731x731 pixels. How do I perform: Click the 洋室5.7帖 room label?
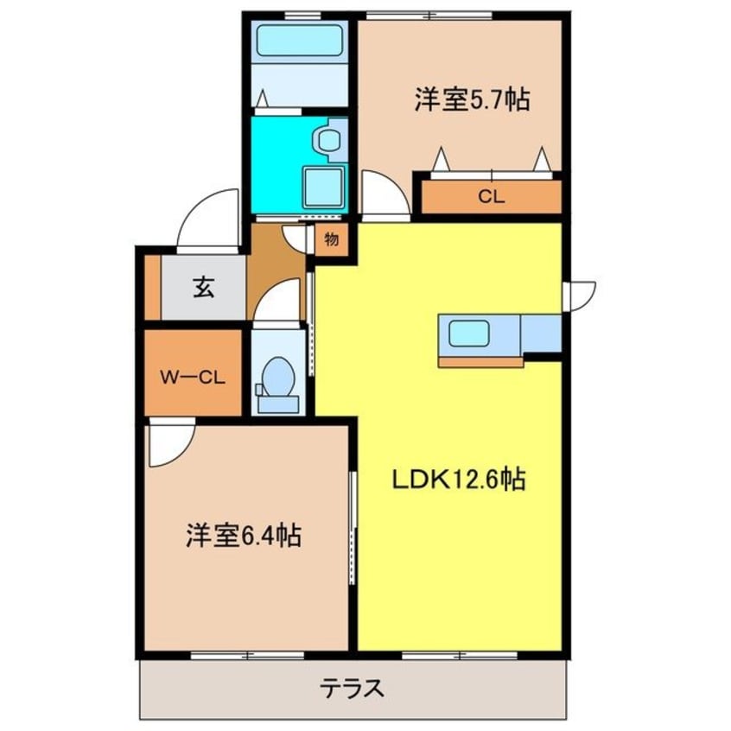tap(471, 101)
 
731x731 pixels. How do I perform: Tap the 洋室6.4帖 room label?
tap(243, 536)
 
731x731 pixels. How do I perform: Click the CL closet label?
tap(491, 197)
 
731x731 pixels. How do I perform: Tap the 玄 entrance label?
tap(202, 289)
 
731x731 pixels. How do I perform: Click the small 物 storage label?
tap(331, 239)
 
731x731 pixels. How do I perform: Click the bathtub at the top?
tap(299, 40)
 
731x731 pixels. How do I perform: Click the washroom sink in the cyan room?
tap(327, 138)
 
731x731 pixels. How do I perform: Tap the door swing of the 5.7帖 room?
tap(381, 194)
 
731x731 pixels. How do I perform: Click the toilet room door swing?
tap(277, 304)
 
